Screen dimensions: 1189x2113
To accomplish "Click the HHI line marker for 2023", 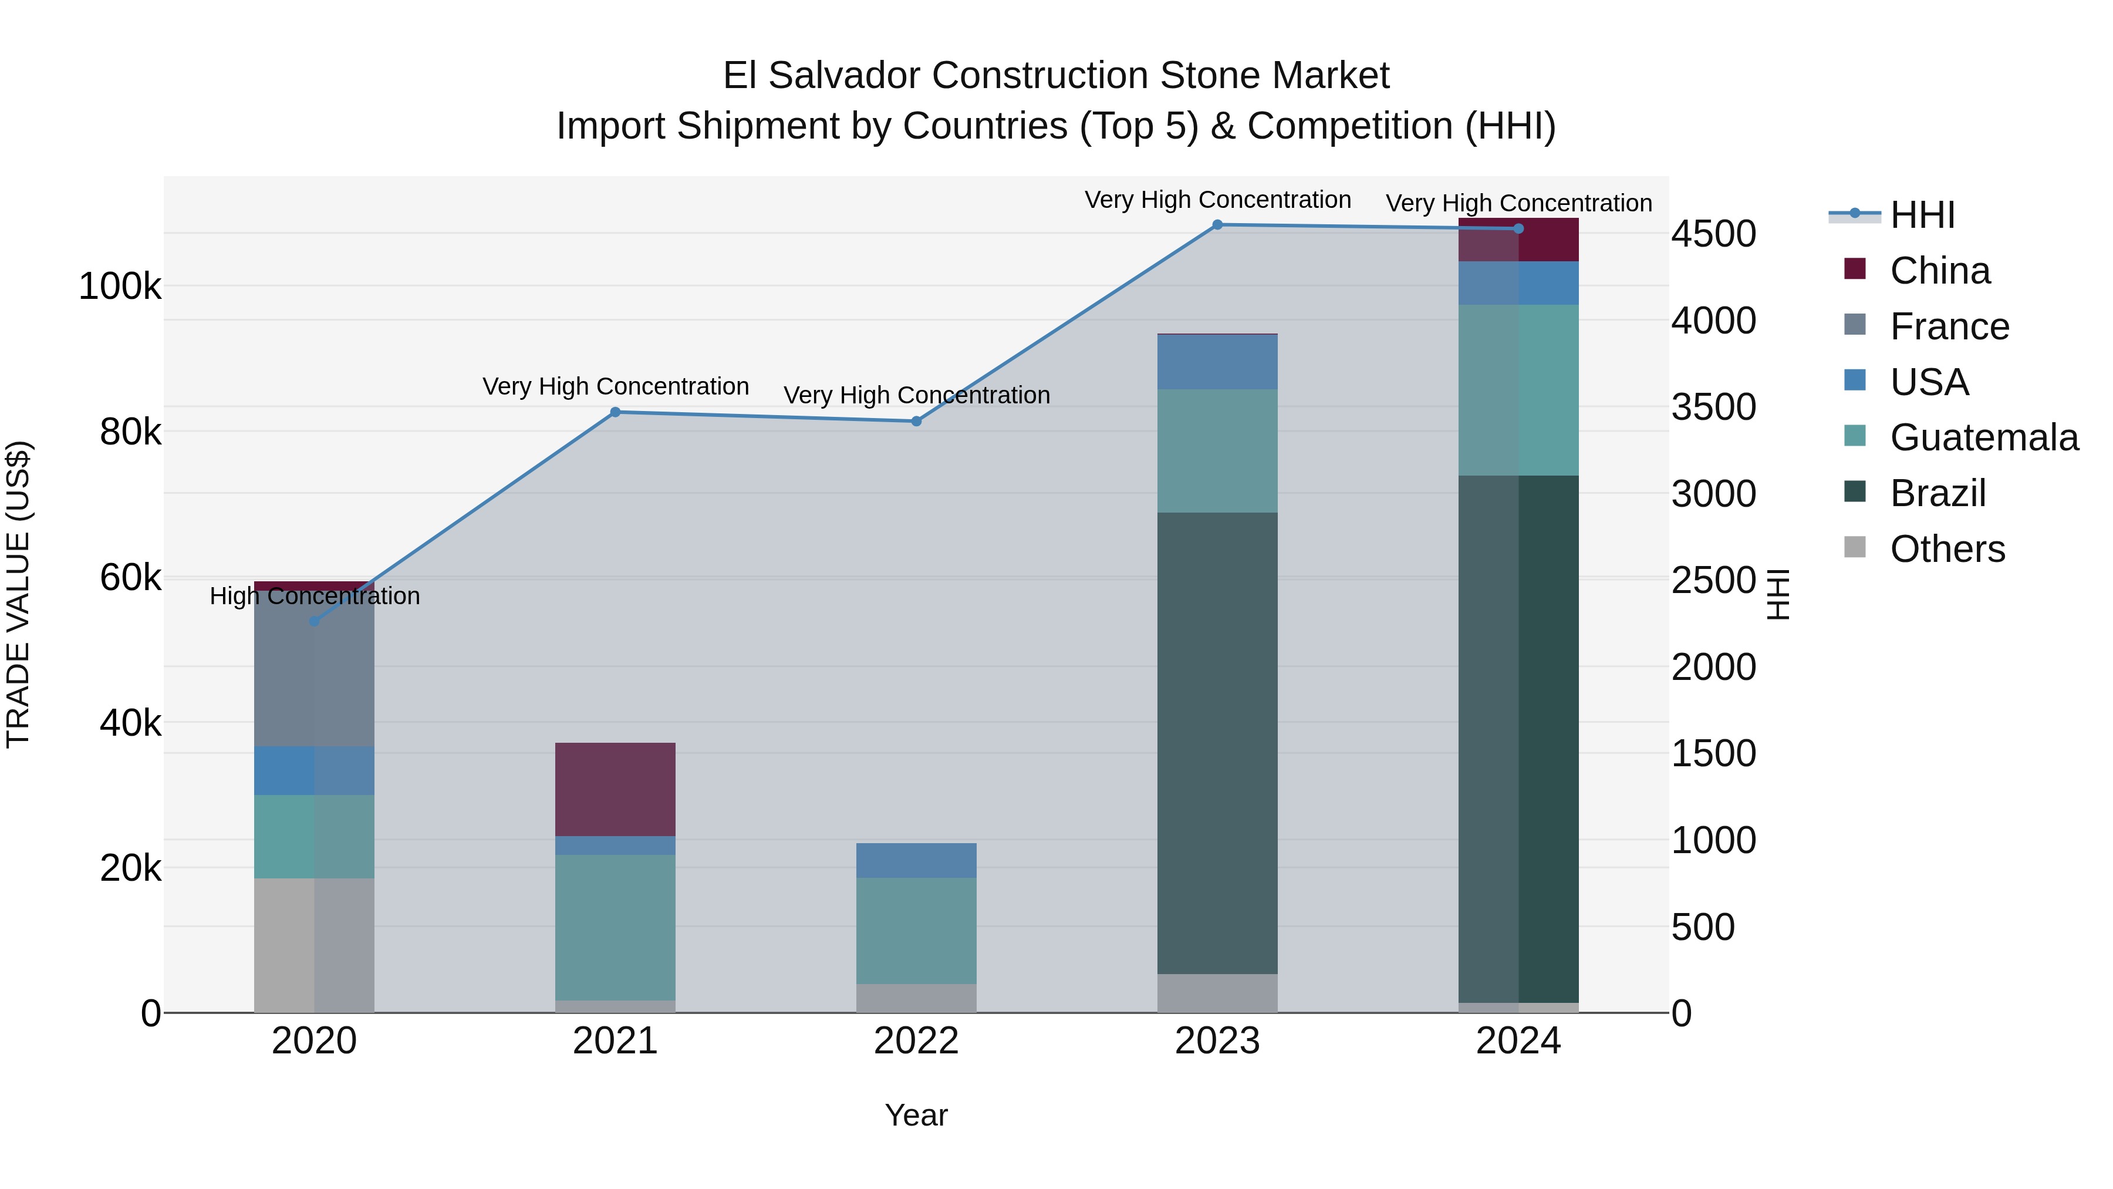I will (1217, 225).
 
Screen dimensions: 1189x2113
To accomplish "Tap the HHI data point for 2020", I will (314, 621).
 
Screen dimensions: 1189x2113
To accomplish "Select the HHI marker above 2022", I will (916, 421).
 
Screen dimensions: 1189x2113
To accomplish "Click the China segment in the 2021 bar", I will (615, 789).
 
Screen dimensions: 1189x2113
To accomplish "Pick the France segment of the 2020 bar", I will (314, 669).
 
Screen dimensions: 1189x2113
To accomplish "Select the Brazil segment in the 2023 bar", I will (1217, 743).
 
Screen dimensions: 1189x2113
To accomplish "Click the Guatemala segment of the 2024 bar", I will (1518, 390).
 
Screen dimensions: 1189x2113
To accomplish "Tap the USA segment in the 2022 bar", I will (916, 860).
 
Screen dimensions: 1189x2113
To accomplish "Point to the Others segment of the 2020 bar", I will (314, 945).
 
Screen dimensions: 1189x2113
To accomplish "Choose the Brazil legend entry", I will (1937, 493).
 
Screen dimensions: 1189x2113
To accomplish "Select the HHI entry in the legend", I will (1922, 215).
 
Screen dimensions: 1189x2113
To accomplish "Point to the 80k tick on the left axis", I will (130, 432).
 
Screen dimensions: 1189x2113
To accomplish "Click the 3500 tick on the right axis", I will (1713, 407).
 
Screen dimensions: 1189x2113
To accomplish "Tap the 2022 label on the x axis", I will (916, 1041).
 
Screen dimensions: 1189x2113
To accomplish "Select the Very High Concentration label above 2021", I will (615, 386).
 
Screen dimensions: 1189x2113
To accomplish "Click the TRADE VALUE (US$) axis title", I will (18, 594).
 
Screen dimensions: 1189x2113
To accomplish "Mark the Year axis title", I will (916, 1115).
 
